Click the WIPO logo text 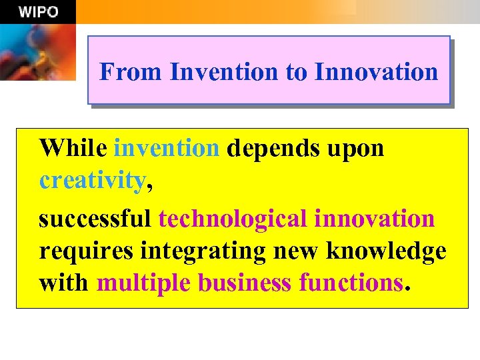(38, 12)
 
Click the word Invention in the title (225, 71)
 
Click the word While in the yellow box (73, 148)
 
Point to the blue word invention (167, 148)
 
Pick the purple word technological (233, 219)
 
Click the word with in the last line (63, 283)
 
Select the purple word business (245, 283)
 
